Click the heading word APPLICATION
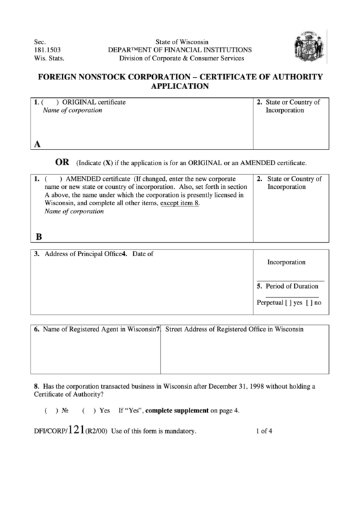pos(179,87)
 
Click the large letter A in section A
pos(37,144)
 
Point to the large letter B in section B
pos(39,236)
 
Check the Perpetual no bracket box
pos(310,302)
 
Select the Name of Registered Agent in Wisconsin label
pos(95,329)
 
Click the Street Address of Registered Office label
pos(234,329)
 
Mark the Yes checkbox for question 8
pos(88,411)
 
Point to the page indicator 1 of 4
pos(267,431)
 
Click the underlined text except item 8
pos(179,203)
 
